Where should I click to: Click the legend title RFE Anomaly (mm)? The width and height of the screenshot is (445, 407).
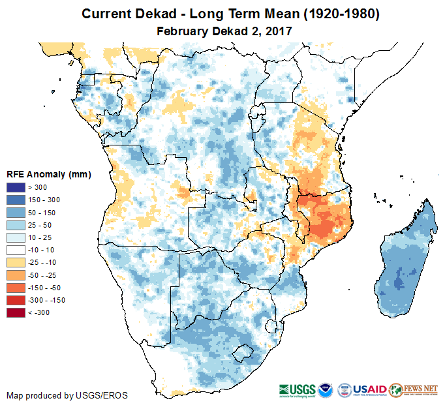click(x=48, y=174)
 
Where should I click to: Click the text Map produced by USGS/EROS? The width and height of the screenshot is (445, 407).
click(x=67, y=396)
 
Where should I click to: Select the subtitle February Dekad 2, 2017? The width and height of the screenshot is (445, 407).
click(x=224, y=30)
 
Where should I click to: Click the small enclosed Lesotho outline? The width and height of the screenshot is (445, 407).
click(x=243, y=353)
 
